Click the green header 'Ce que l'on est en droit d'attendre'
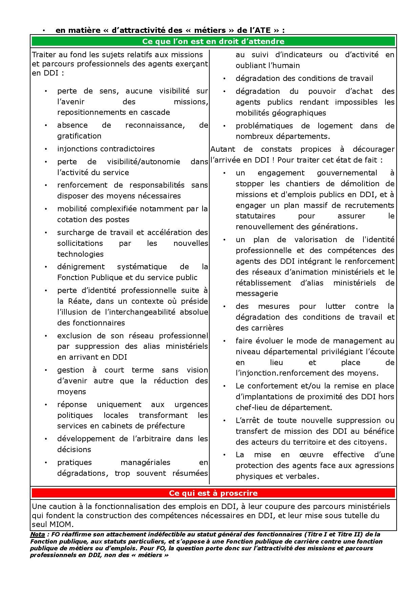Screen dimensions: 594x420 click(x=213, y=41)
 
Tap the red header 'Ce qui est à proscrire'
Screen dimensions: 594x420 click(x=213, y=493)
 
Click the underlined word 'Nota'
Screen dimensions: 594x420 click(x=37, y=534)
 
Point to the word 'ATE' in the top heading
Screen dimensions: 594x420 click(x=262, y=30)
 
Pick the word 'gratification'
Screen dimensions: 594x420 click(x=79, y=136)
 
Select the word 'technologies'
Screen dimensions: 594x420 click(x=80, y=254)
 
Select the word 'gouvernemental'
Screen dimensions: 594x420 click(x=347, y=173)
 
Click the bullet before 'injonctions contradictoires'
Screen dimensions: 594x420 click(x=46, y=149)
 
